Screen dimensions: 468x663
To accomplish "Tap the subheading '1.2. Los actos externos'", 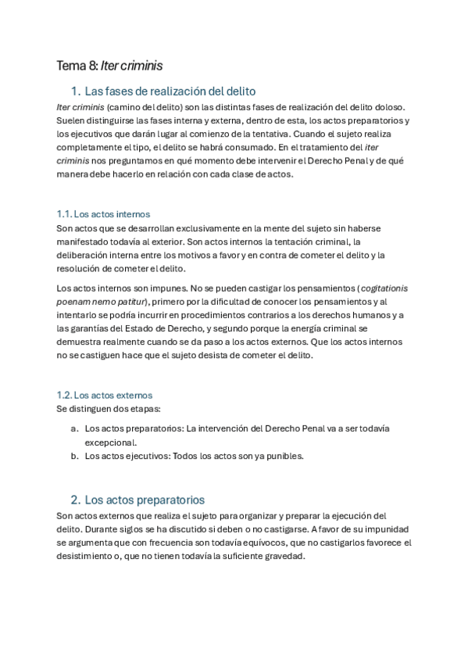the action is point(105,395).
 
